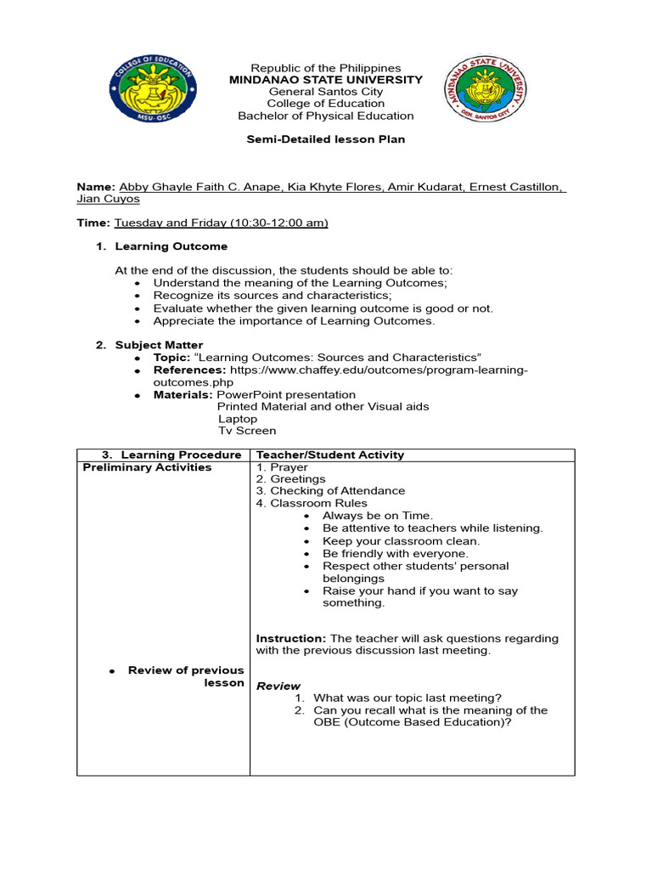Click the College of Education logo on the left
151,92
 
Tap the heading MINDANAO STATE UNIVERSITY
326,80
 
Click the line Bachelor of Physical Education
326,116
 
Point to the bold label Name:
96,186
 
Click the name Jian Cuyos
109,199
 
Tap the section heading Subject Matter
159,345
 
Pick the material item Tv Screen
247,431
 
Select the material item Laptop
238,419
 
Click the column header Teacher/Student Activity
330,455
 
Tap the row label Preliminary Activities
147,467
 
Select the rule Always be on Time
377,516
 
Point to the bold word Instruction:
291,638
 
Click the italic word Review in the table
278,686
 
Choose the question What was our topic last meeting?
407,698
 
